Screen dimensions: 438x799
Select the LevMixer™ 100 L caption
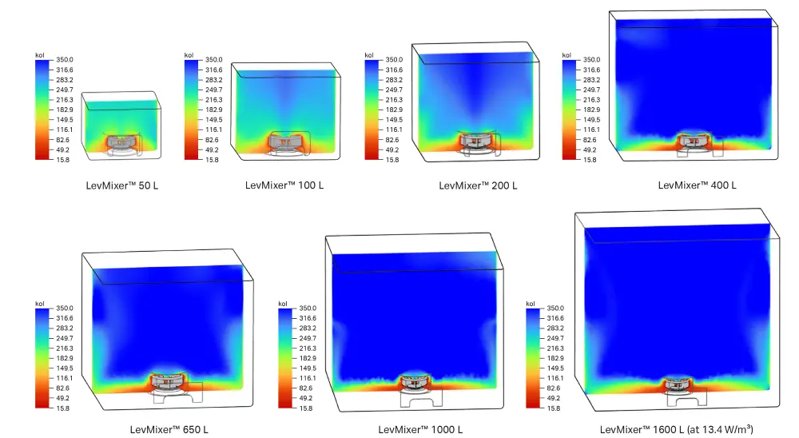point(284,185)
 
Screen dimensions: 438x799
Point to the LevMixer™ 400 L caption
point(697,185)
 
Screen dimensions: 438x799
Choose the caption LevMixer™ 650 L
point(169,429)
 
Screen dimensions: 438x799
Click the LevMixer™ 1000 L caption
point(420,429)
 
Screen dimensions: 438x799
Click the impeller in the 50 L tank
point(122,141)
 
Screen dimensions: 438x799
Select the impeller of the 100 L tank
point(284,141)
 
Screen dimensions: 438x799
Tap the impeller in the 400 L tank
point(693,141)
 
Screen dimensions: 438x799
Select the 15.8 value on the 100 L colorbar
point(213,160)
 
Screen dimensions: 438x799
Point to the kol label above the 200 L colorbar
point(368,55)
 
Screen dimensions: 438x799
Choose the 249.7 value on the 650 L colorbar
point(65,338)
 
